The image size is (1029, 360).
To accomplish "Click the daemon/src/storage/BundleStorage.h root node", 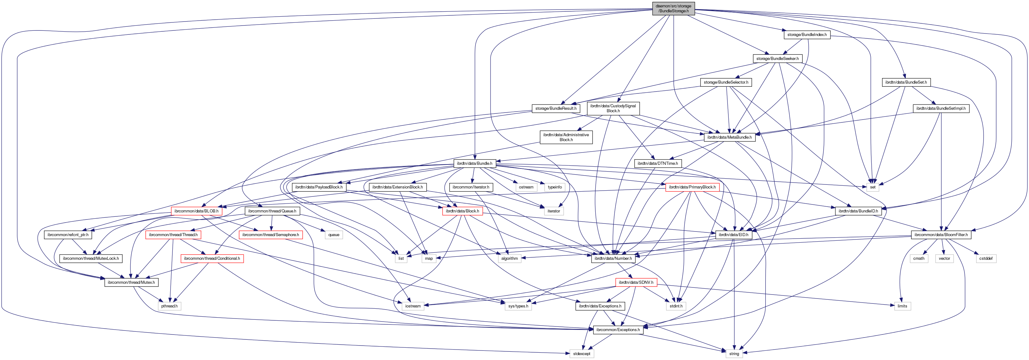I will (x=673, y=8).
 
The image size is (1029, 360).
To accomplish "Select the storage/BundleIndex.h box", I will (x=807, y=35).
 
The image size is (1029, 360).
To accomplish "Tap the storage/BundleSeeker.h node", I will (x=777, y=59).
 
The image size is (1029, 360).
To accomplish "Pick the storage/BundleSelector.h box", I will (x=726, y=82).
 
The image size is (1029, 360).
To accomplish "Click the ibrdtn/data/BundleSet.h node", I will (x=906, y=82).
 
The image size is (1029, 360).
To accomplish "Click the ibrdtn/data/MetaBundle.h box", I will (x=729, y=137).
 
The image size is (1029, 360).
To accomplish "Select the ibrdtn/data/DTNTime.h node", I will (x=657, y=164).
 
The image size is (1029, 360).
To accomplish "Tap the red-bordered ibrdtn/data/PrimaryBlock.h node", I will (x=692, y=187).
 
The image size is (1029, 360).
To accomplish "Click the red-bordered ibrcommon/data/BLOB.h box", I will (x=196, y=211).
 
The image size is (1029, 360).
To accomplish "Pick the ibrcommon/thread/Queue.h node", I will (x=272, y=211).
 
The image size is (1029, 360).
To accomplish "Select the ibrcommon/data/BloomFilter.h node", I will (x=941, y=235).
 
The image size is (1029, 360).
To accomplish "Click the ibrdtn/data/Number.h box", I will (x=613, y=259).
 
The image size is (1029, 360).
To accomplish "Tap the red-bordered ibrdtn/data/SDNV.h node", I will (x=636, y=283).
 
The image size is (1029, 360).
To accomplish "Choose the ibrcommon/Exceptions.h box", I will (x=618, y=330).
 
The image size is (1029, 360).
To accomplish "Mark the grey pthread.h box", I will (x=169, y=306).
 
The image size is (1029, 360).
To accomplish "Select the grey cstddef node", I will (x=985, y=259).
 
